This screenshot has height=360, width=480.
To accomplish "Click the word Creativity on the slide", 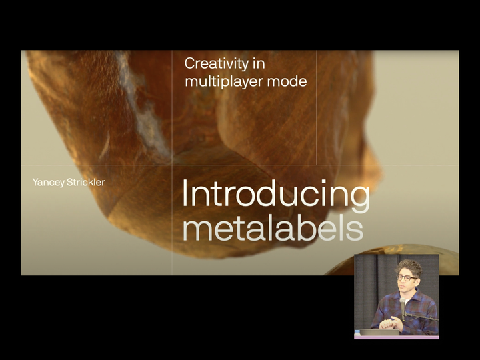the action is (x=217, y=65).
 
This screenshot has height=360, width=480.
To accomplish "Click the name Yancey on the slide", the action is (x=49, y=183).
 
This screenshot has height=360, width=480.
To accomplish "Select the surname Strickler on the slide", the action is (x=86, y=182).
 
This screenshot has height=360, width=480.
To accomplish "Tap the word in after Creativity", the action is (x=259, y=64).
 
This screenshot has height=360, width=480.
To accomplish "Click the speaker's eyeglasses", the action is (x=406, y=278).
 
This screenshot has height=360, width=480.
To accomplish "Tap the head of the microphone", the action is (x=402, y=301).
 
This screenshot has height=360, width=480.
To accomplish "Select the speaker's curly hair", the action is (x=409, y=267).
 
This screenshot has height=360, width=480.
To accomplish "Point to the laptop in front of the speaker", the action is (x=379, y=332).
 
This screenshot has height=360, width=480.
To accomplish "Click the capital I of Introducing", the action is (x=185, y=193).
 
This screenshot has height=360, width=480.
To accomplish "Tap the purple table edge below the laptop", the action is (x=397, y=337).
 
